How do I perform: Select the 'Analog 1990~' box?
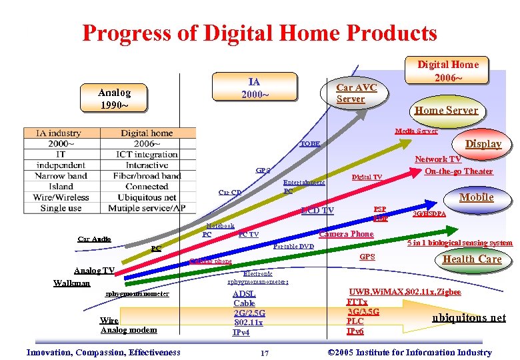tap(113, 99)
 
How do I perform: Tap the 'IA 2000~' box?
tap(254, 88)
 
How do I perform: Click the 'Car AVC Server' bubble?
tap(356, 93)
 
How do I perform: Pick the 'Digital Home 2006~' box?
tap(447, 71)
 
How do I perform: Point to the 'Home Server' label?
tap(446, 110)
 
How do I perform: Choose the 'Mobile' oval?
tap(476, 197)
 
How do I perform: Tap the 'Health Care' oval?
tap(472, 259)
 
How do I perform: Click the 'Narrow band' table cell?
tap(61, 176)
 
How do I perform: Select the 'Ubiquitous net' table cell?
tap(147, 197)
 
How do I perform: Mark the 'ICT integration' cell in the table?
tap(147, 155)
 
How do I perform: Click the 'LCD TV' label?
tap(317, 211)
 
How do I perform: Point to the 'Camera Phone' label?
tap(346, 234)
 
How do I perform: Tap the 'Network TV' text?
tap(437, 159)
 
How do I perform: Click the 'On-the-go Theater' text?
tap(459, 171)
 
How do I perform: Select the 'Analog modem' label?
tap(129, 330)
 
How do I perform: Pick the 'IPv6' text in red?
tap(355, 331)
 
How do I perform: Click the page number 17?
tap(265, 353)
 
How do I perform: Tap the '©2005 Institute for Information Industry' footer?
tap(411, 352)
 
